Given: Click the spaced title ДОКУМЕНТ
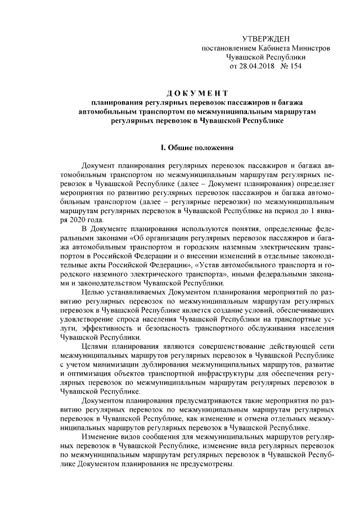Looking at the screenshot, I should click(x=197, y=92).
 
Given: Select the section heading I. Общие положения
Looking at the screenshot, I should click(x=197, y=148).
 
